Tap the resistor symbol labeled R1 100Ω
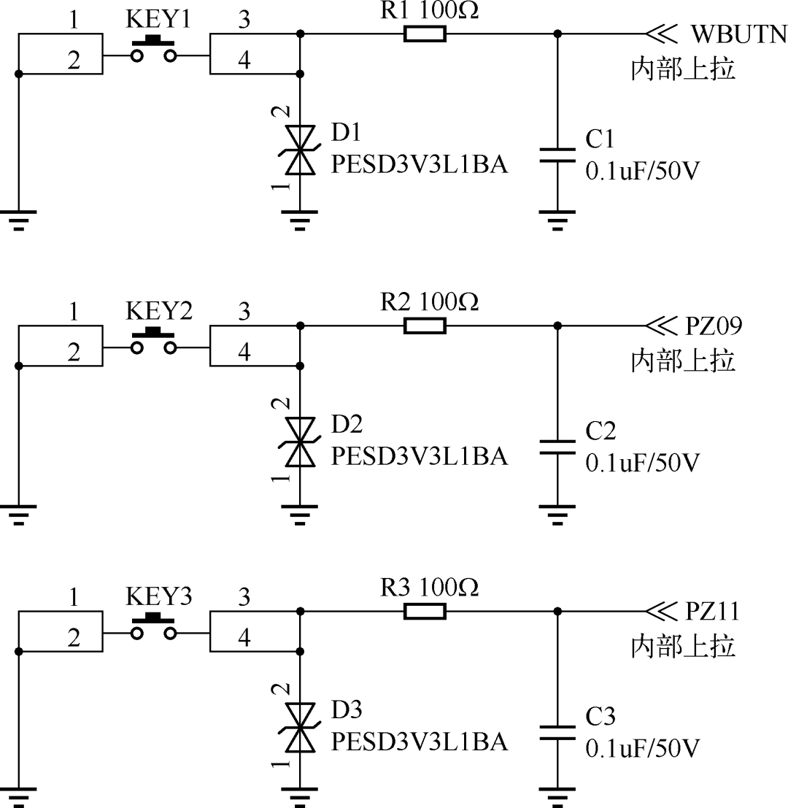pos(425,34)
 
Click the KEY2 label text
pos(159,310)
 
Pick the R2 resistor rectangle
pos(425,326)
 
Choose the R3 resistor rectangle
pos(425,612)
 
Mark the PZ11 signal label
pos(713,612)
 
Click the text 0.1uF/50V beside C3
pos(643,749)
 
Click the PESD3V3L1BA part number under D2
pos(419,457)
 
